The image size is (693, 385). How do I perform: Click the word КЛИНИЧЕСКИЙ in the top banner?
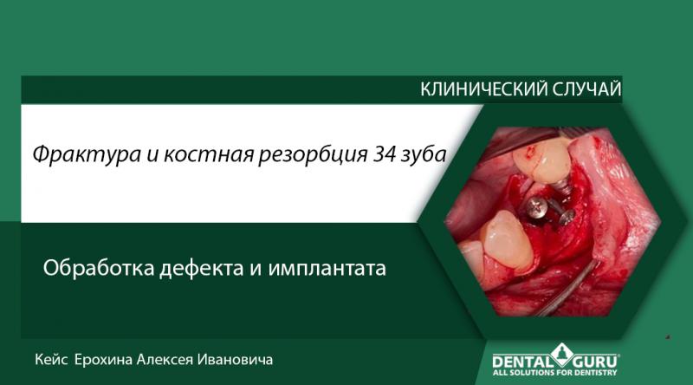(473, 89)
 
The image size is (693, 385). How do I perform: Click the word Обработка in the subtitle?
(99, 269)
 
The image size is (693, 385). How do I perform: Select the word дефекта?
(204, 269)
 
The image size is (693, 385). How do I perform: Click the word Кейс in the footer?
(51, 359)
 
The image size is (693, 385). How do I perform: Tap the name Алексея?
(177, 359)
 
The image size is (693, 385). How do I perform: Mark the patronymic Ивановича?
(246, 359)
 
